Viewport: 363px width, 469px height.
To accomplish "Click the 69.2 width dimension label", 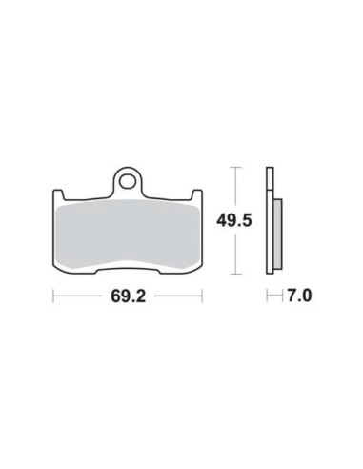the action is click(128, 296).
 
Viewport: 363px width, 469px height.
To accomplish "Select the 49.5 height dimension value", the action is click(234, 220).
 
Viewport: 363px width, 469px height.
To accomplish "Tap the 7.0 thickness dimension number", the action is click(299, 296).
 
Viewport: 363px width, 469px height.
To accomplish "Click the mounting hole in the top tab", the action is click(127, 181).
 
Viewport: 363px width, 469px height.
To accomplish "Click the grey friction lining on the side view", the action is click(277, 234).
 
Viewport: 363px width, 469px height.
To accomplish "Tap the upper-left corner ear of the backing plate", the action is click(57, 194).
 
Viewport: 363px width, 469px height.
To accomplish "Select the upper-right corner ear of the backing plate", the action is click(197, 194).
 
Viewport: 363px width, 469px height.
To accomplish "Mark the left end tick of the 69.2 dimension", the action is click(53, 296).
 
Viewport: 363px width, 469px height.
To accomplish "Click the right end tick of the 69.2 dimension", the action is click(202, 296).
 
